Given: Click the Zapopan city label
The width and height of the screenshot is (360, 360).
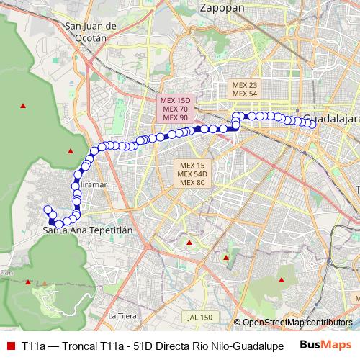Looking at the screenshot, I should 220,7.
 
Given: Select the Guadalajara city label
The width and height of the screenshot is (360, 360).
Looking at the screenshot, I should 330,117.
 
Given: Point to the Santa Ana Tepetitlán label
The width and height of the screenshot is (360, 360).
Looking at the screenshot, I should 89,230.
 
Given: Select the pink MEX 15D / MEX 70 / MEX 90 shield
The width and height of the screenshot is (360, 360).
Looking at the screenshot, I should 174,109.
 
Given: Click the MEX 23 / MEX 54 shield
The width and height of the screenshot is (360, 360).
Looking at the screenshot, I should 245,89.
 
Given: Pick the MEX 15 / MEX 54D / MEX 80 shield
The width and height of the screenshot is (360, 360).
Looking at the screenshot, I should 192,174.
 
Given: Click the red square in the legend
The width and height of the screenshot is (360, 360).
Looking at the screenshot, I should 10,345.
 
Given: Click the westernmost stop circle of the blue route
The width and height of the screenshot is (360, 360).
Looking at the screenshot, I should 48,210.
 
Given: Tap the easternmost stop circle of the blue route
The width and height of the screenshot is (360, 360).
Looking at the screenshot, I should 312,123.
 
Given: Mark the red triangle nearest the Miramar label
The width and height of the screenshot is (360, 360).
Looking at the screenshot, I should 70,150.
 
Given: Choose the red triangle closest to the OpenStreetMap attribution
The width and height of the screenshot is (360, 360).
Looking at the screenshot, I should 282,279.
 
